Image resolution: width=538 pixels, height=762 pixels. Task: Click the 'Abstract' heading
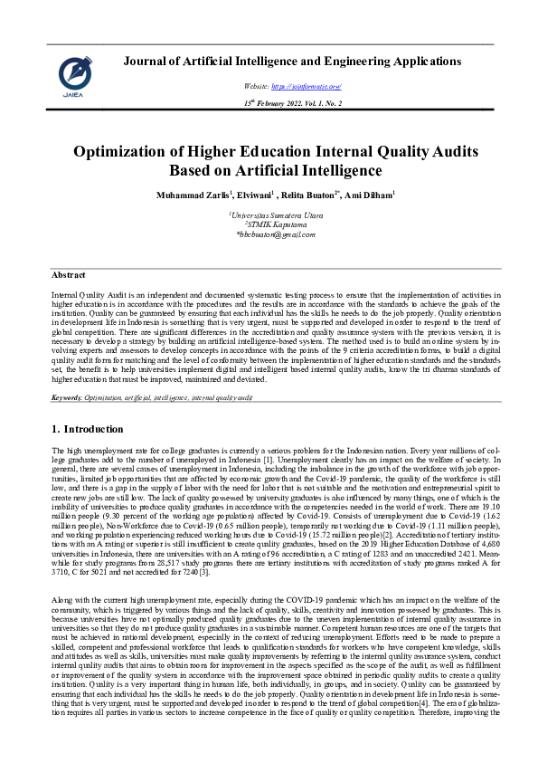69,273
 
